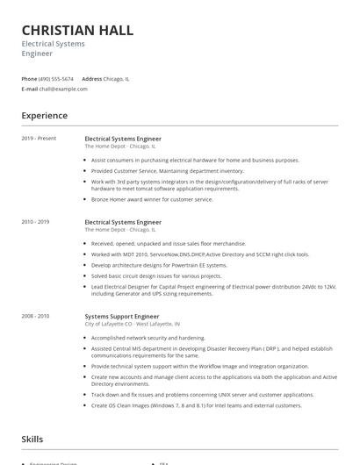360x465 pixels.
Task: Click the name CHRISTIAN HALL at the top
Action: coord(77,31)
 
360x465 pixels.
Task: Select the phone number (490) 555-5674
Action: coord(57,78)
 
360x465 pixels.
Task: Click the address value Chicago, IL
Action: coord(116,78)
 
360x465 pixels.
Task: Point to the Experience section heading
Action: coord(44,116)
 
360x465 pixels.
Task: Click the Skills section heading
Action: coord(32,439)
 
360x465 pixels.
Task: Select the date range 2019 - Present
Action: coord(39,139)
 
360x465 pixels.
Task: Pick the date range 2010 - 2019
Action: coord(37,223)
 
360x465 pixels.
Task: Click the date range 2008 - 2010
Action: coord(37,316)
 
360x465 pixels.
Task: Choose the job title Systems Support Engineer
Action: coord(122,316)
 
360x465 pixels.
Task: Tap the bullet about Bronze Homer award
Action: coord(151,199)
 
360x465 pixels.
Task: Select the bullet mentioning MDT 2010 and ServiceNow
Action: coord(199,254)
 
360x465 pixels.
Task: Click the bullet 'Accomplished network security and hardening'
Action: coord(148,337)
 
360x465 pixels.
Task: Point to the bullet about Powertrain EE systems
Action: coord(158,264)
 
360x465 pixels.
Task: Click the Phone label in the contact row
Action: coord(29,78)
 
